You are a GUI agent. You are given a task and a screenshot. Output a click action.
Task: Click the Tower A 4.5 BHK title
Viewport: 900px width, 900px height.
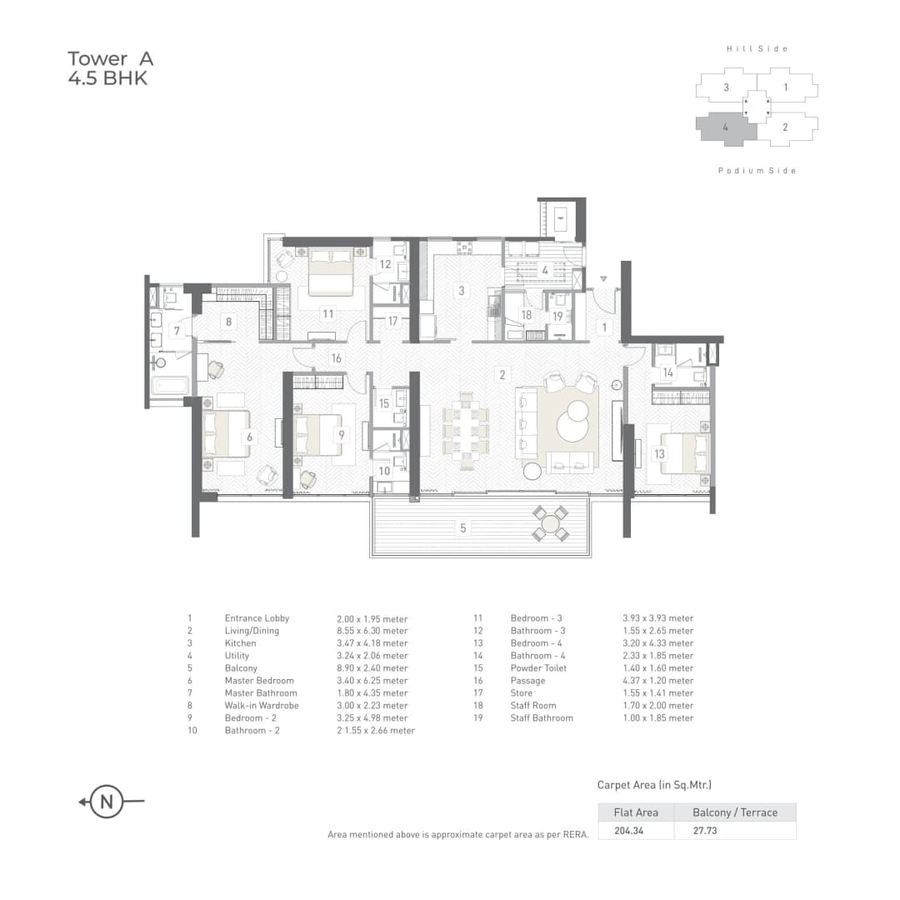tap(110, 69)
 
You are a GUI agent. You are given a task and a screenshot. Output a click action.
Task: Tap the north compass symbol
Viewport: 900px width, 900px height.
tap(107, 802)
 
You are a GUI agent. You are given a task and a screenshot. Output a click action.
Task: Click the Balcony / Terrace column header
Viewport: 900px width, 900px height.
tap(735, 812)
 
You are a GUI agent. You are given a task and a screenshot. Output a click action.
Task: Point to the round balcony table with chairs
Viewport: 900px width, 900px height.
tap(550, 524)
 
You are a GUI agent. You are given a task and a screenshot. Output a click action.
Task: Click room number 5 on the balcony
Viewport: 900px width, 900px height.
tap(463, 527)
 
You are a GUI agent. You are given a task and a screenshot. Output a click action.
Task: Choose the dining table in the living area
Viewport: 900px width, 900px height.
tap(465, 428)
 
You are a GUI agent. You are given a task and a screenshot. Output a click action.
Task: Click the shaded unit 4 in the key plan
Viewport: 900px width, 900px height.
tap(726, 127)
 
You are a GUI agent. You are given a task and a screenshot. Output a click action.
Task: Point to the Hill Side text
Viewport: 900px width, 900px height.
tap(757, 49)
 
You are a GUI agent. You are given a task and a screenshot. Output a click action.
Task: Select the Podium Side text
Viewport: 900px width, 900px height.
tap(757, 171)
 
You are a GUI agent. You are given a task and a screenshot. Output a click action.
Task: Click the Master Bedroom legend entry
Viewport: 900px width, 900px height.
tap(258, 681)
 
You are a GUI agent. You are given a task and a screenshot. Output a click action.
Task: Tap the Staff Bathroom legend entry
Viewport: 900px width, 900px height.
tap(542, 718)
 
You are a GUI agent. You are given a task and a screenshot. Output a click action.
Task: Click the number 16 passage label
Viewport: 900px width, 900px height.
tap(336, 358)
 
